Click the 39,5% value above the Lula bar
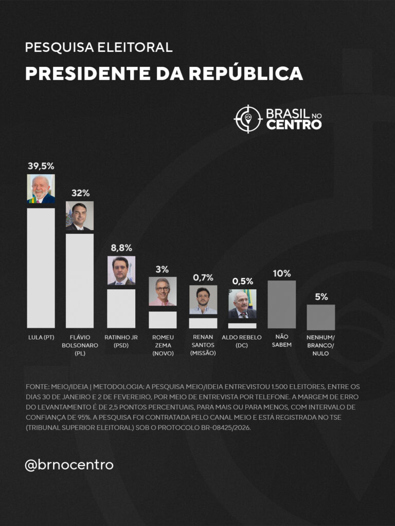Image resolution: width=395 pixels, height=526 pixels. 41,166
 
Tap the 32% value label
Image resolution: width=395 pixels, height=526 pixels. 80,193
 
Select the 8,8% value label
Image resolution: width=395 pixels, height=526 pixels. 121,248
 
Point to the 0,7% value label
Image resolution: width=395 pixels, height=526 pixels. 203,277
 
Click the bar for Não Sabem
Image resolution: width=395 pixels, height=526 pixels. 281,304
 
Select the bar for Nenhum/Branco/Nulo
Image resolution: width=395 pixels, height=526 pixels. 321,317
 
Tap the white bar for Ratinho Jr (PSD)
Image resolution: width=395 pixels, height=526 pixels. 121,308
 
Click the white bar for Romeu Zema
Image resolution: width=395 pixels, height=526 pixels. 163,320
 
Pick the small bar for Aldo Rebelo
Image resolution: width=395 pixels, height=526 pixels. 242,326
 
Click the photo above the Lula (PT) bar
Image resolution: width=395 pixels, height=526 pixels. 41,189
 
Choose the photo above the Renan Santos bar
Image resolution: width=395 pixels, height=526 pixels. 203,300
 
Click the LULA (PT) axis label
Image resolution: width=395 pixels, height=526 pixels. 41,337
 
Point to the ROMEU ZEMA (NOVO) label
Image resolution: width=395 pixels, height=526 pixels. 163,345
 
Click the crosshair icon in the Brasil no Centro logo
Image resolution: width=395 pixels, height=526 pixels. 248,119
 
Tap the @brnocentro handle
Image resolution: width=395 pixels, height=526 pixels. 69,465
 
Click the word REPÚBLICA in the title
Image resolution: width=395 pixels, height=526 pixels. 246,73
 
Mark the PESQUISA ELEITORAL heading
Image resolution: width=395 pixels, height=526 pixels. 99,48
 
